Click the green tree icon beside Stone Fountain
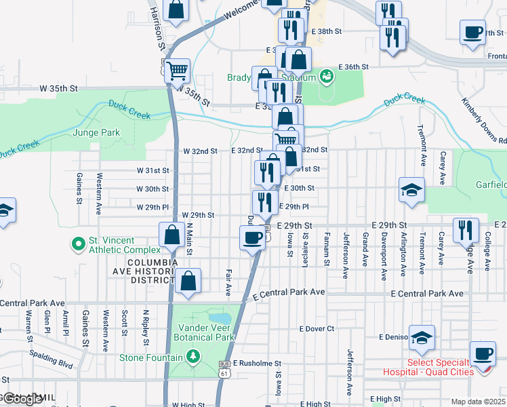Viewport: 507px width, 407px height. [194, 357]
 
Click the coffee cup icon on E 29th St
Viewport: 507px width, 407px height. [252, 237]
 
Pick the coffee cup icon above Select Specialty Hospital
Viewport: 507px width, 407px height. [483, 353]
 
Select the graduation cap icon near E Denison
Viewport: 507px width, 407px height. [422, 337]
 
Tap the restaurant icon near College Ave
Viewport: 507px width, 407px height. [466, 229]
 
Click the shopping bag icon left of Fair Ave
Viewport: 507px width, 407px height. [188, 281]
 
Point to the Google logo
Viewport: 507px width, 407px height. [22, 400]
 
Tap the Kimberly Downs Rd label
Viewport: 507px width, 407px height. [483, 121]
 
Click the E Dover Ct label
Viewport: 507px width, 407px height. [317, 329]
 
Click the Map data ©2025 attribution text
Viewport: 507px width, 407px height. [479, 402]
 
